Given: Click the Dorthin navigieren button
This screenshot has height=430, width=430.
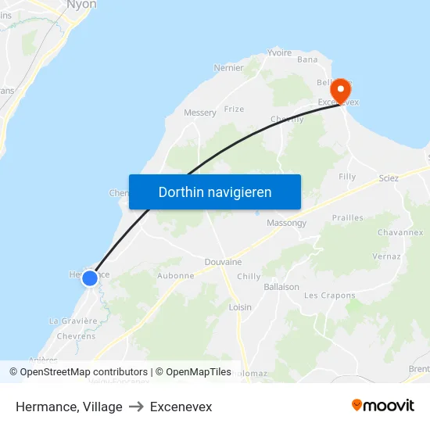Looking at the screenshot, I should click(215, 192).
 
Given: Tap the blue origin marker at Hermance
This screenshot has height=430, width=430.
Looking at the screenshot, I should click(90, 278).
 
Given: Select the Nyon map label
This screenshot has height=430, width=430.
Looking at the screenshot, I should click(82, 5).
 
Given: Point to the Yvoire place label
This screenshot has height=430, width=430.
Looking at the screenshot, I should click(279, 53).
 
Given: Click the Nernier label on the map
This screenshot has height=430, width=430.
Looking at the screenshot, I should click(229, 68).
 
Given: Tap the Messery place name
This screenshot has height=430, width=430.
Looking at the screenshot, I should click(200, 113).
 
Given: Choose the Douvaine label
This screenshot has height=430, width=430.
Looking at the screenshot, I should click(223, 262).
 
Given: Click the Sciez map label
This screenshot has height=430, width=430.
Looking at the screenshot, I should click(389, 178).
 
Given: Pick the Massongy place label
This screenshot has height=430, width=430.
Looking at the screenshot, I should click(286, 223).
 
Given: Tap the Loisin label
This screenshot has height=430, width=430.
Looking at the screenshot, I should click(240, 307).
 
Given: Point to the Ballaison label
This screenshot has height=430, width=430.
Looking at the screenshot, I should click(281, 287).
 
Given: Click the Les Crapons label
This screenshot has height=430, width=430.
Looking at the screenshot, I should click(329, 296).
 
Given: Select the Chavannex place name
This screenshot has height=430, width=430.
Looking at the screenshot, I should click(400, 232).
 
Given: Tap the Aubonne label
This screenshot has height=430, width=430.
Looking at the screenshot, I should click(176, 275).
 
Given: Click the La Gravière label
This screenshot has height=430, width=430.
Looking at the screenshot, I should click(73, 321).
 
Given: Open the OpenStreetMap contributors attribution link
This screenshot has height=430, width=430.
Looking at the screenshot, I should click(84, 372).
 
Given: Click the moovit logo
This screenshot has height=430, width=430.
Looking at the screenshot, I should click(383, 406).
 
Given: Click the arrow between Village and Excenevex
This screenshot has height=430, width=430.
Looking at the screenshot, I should click(136, 407).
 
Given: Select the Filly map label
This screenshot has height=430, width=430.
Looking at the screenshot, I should click(347, 177).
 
